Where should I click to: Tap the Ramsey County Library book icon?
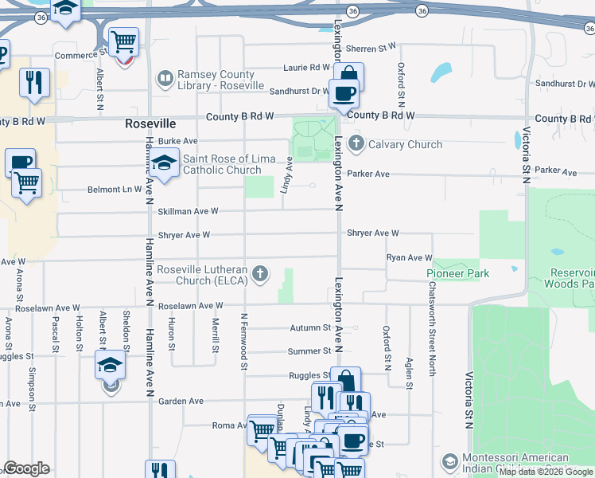(165, 78)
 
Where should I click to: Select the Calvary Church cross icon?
(356, 144)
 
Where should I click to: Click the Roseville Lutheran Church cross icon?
(259, 276)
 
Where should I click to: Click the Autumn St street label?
(310, 327)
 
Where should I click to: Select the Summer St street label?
(309, 351)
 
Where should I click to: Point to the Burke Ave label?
(177, 141)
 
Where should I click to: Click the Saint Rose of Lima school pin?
(165, 164)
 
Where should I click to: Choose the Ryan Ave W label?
(409, 258)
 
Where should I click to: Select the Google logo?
(26, 468)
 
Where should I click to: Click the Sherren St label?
(377, 48)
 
